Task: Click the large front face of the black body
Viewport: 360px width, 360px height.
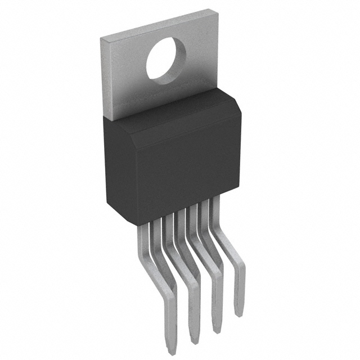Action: click(x=180, y=169)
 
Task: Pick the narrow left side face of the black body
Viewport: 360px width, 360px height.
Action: click(x=110, y=163)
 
